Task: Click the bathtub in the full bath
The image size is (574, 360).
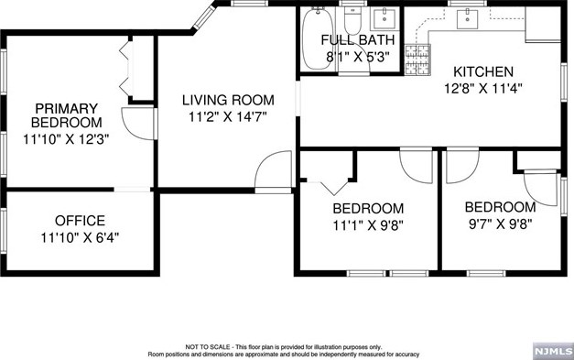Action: point(318,38)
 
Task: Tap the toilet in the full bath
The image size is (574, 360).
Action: point(352,21)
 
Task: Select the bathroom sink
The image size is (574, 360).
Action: point(384,18)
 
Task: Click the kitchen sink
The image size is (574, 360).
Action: point(467,18)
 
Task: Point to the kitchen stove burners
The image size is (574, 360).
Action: point(417,60)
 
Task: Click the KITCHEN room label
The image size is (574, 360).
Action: point(483,71)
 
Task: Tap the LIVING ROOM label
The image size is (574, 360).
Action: point(228,100)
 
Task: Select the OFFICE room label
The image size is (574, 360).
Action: point(80,221)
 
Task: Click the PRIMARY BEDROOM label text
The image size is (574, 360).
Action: point(66,115)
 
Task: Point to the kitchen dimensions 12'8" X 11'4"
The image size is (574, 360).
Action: point(483,88)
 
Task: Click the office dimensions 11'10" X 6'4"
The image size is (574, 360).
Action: point(80,237)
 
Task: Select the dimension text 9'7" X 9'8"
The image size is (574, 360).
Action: point(500,224)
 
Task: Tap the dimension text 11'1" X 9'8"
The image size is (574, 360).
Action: point(368,225)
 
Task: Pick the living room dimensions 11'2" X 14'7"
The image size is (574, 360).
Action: point(228,117)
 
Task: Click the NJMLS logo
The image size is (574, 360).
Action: point(553,351)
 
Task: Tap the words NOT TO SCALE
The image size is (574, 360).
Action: point(208,347)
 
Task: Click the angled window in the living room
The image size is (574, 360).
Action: point(203,17)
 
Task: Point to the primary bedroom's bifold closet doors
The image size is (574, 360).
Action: point(126,68)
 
